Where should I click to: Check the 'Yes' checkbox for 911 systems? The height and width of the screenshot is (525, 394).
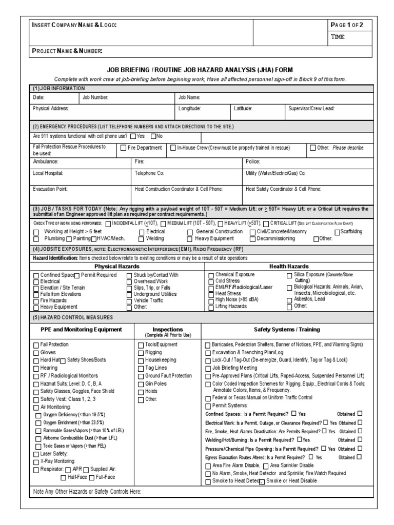tap(133, 136)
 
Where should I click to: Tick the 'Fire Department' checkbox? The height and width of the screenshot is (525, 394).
tap(123, 148)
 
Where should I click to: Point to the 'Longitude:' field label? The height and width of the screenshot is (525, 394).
tap(189, 109)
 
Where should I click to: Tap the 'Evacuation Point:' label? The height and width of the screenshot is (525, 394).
tap(50, 189)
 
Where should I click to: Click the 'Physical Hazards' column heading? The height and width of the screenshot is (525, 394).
tap(117, 267)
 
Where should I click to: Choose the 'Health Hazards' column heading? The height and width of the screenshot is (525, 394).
tap(289, 267)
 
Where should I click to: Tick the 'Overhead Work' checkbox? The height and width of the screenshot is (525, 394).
tap(129, 282)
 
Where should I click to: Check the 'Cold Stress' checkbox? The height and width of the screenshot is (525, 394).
tap(211, 282)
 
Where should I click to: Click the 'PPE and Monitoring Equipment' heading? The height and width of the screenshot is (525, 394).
tap(81, 329)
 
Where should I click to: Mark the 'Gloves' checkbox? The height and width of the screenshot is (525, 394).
tap(36, 353)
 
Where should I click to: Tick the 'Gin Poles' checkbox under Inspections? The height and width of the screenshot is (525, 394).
tap(141, 383)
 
